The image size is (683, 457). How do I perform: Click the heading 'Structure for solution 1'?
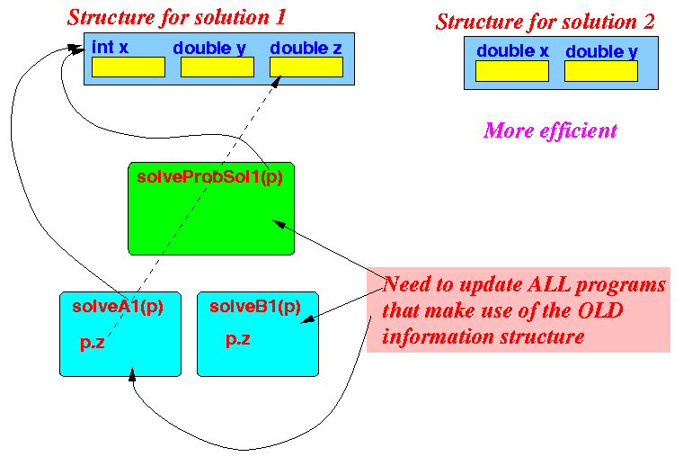[176, 17]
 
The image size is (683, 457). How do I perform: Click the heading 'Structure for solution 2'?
[545, 22]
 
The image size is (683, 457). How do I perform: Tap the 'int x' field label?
[110, 47]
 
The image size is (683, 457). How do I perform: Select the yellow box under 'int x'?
[129, 67]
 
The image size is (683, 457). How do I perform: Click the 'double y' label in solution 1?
[209, 49]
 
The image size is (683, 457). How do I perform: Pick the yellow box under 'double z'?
[306, 67]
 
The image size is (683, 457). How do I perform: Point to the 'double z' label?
[306, 48]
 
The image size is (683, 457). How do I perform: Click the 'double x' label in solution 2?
[512, 51]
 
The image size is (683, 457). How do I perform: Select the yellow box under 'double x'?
[512, 71]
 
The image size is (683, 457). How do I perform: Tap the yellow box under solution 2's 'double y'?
[601, 71]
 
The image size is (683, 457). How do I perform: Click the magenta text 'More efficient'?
[550, 130]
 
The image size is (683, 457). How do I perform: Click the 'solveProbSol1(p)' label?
[210, 176]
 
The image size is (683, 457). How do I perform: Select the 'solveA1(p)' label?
[118, 307]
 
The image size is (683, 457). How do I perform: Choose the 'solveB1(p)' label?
[255, 307]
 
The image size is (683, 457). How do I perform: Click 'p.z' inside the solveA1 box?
[93, 343]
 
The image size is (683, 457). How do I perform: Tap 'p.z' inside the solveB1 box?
[238, 339]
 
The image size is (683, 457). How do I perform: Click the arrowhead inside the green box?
[279, 224]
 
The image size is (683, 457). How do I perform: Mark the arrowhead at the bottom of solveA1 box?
[132, 374]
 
